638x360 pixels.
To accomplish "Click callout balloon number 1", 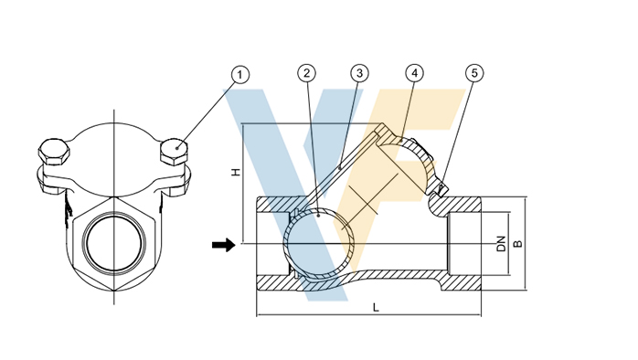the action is (x=239, y=75).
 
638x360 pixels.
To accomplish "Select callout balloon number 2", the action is (x=306, y=73).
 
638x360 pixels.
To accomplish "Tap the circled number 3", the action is (x=359, y=73).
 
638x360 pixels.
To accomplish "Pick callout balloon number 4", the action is (x=414, y=73).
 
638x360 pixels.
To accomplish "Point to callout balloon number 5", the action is (x=474, y=73).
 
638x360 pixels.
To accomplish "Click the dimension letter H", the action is (x=236, y=173).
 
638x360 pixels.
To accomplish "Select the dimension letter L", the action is (x=376, y=308).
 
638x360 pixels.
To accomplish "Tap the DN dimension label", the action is (x=501, y=244).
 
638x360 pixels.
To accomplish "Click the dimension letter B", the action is (x=517, y=244).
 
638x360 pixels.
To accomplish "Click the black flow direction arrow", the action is (x=223, y=245).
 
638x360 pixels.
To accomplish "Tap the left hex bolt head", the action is (x=54, y=152).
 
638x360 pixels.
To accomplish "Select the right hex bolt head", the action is (x=175, y=152).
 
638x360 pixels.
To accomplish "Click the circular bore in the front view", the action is (x=114, y=242).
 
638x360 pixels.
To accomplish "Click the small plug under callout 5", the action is (x=442, y=188).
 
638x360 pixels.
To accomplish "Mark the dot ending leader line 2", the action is (x=318, y=216).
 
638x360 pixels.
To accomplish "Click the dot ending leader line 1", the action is (x=177, y=148).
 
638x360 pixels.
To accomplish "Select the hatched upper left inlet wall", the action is (x=278, y=205).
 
